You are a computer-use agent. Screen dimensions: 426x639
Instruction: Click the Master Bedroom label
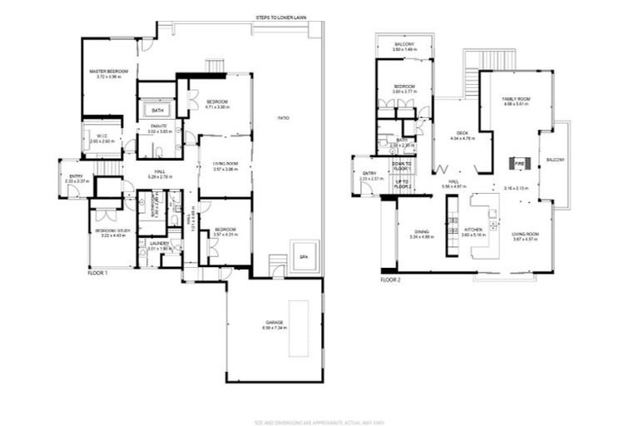pos(109,73)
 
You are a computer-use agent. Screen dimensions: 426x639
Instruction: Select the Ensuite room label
pos(159,126)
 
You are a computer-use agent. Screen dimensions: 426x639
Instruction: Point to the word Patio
pos(283,119)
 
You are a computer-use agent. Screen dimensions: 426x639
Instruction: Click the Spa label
pos(303,258)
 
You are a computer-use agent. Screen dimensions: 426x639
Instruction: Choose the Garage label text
pos(275,322)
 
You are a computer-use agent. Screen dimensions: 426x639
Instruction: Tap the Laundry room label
pos(159,243)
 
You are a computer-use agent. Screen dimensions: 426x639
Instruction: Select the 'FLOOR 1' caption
pos(98,272)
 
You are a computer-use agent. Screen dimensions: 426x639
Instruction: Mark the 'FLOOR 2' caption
pos(391,280)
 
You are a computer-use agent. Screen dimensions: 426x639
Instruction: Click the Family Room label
pos(516,100)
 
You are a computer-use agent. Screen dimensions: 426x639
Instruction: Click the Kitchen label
pos(473,230)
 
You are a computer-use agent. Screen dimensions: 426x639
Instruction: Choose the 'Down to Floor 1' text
pos(403,166)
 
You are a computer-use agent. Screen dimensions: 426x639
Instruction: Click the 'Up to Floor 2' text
pos(403,184)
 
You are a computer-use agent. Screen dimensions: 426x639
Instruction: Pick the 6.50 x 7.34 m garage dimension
pos(275,328)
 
